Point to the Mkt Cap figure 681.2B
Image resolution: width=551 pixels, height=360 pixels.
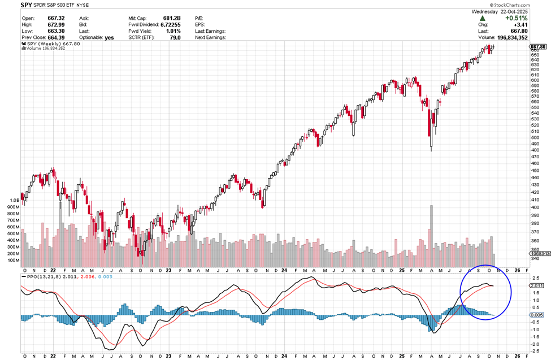click(x=171, y=18)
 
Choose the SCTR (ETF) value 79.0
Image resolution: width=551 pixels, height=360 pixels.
click(x=175, y=37)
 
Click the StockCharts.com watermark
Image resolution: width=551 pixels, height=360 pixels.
click(x=526, y=5)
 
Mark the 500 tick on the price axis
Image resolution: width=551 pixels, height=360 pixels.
click(x=535, y=138)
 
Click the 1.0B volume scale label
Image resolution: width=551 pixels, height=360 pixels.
click(x=14, y=200)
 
